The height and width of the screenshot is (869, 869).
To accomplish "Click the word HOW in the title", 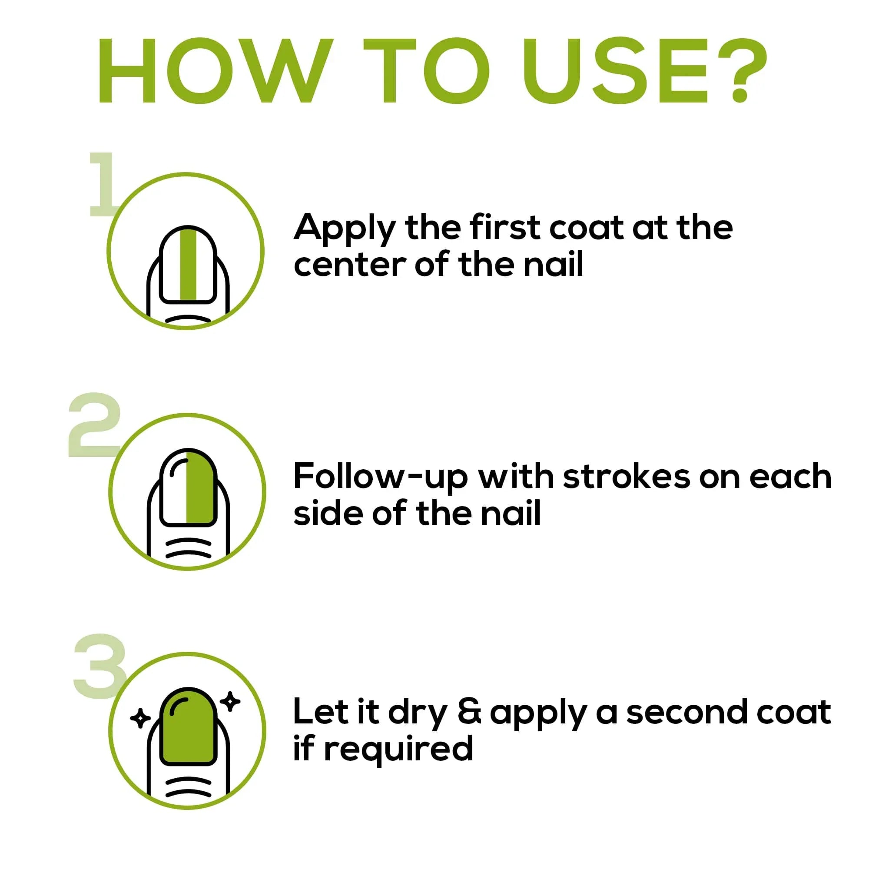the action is [x=215, y=71].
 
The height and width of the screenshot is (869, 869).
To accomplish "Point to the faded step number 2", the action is [x=94, y=425].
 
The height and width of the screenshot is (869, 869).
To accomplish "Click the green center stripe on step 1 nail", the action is [x=188, y=265].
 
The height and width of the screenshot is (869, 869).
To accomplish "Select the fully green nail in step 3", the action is [x=189, y=727].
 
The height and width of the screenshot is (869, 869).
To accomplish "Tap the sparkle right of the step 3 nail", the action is [x=231, y=701].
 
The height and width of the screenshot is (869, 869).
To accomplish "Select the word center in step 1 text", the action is [x=349, y=265].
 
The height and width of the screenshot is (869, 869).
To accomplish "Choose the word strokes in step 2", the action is [x=626, y=476].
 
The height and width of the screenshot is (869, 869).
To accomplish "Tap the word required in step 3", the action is [x=398, y=750].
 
